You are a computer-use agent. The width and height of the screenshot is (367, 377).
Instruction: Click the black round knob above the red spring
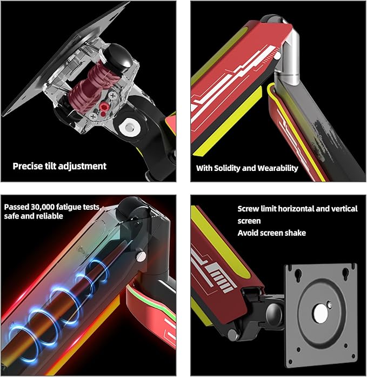[119, 58]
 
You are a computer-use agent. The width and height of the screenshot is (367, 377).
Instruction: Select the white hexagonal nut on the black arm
[130, 127]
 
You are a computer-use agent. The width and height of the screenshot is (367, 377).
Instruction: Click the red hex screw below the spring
[104, 106]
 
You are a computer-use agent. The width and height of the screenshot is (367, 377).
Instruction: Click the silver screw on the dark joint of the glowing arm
[141, 256]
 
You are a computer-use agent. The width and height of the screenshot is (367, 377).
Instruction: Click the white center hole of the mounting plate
[321, 314]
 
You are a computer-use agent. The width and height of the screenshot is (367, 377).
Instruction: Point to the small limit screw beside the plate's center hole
[330, 305]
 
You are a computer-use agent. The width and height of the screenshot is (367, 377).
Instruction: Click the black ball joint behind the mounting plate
[275, 315]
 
